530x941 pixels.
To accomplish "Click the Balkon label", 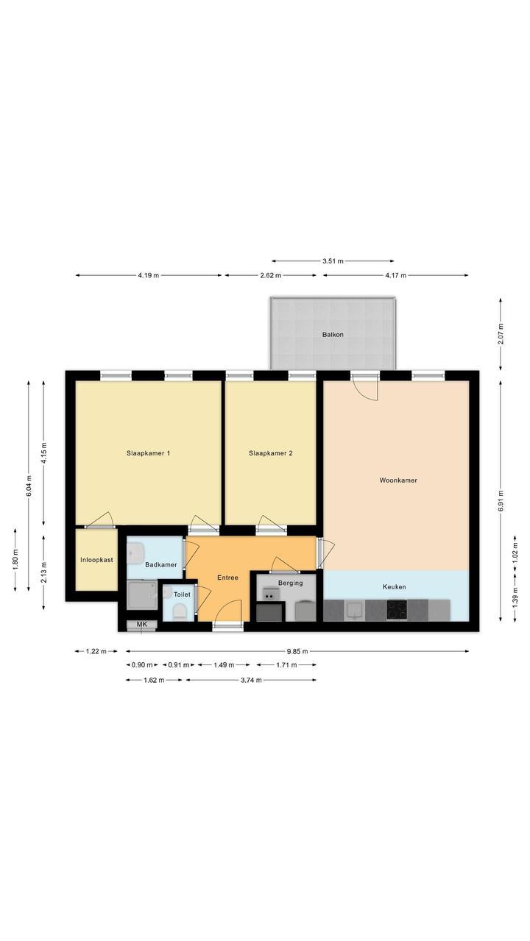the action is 326,327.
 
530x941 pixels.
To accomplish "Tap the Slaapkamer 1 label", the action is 146,444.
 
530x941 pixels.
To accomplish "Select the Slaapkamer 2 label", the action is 265,444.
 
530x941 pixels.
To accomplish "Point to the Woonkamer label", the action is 390,470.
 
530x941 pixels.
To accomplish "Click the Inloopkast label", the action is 94,548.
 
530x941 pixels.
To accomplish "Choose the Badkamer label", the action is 158,553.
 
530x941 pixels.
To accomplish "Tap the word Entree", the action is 223,566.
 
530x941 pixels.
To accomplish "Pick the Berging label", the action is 285,572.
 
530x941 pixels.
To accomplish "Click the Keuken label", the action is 386,575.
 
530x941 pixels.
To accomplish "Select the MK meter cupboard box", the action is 138,611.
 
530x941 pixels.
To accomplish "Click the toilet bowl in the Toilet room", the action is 175,599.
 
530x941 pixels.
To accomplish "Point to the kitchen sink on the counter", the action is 348,597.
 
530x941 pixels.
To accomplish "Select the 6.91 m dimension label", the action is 490,489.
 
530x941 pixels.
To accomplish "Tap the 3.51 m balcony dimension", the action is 326,255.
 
